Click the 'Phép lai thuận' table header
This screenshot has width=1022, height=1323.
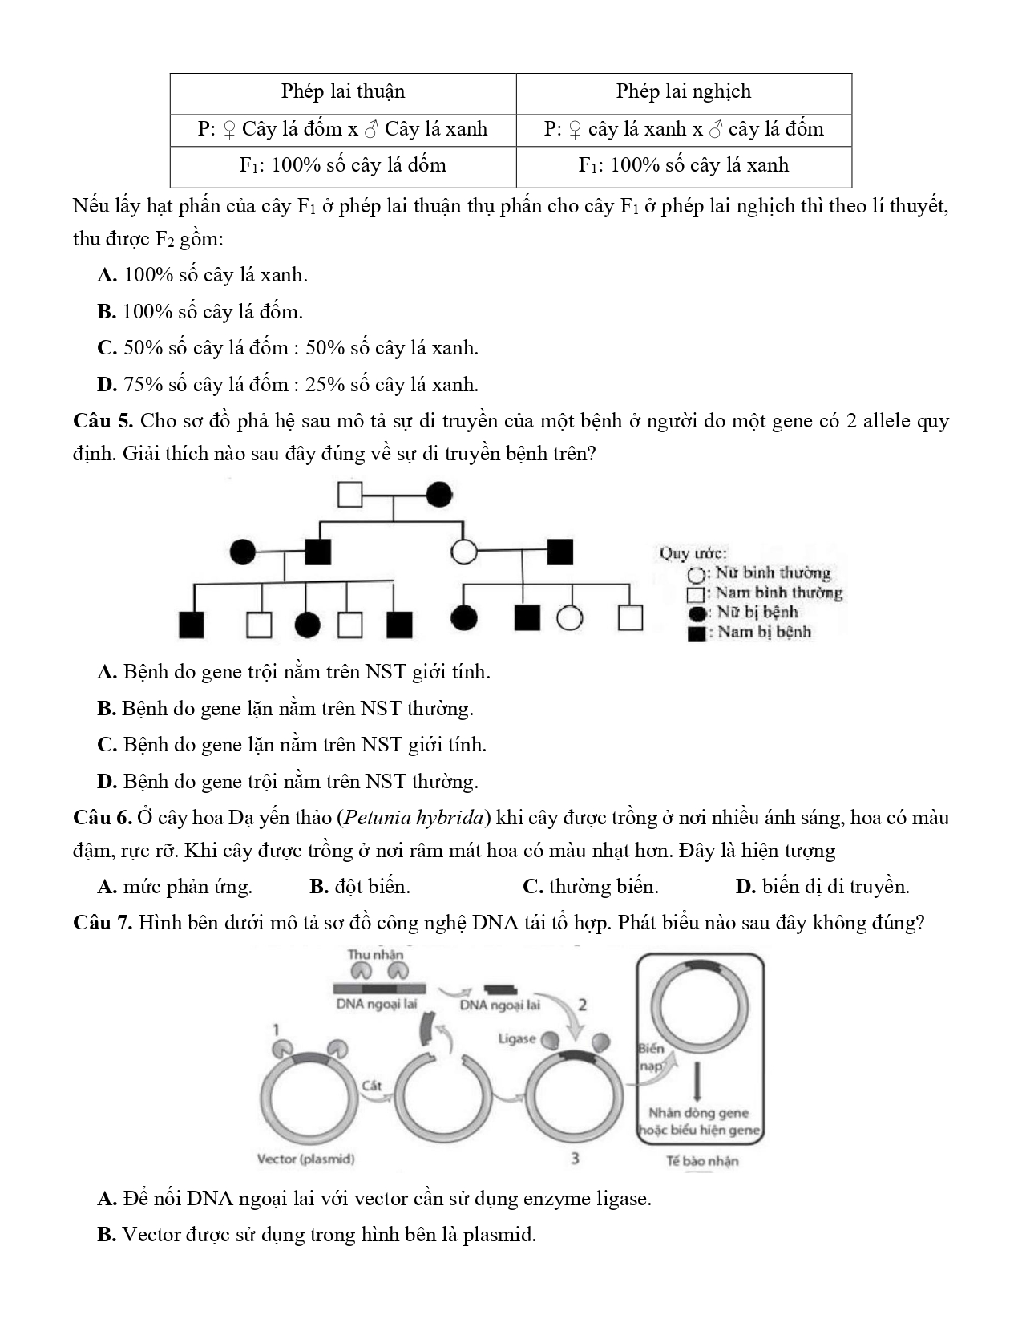[343, 91]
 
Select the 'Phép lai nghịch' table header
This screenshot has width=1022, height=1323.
[684, 91]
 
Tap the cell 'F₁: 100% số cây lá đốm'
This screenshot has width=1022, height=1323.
[343, 165]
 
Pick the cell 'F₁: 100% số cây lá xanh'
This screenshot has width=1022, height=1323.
[684, 165]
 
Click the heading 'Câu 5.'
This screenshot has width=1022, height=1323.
[103, 421]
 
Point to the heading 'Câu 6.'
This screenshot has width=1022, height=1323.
[102, 818]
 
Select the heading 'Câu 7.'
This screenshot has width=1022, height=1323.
[103, 923]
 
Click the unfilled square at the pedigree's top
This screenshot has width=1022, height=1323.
[350, 495]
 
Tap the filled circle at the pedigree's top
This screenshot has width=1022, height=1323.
[438, 495]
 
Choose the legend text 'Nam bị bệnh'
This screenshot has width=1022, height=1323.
[765, 632]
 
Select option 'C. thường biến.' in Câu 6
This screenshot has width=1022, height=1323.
[591, 887]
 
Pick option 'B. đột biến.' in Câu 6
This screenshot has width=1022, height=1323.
[360, 887]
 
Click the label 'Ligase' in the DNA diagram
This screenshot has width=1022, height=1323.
[516, 1038]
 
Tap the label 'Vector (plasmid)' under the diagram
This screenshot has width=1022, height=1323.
[305, 1159]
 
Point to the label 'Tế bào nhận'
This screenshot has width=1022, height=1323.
[702, 1160]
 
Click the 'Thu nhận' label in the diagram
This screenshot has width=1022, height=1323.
[375, 954]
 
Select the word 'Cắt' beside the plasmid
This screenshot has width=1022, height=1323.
[372, 1086]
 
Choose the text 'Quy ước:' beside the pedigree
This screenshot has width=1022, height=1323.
[693, 553]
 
